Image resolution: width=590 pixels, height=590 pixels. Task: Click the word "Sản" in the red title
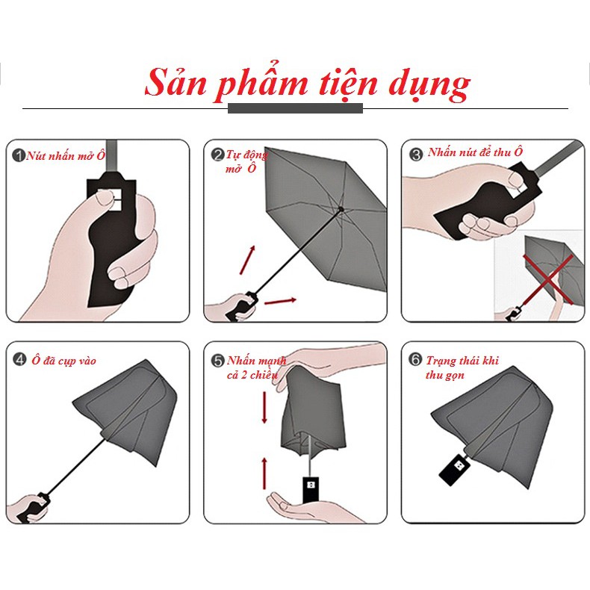point(176,82)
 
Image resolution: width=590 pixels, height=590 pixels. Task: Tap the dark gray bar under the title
point(296,108)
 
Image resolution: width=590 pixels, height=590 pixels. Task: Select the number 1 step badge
point(19,155)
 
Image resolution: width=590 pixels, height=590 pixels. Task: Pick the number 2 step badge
point(217,155)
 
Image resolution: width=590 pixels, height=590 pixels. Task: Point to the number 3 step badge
point(416,155)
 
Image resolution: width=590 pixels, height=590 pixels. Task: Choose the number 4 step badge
point(19,360)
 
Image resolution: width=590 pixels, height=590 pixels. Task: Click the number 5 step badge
point(217,361)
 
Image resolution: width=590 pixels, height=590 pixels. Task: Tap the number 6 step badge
point(415,359)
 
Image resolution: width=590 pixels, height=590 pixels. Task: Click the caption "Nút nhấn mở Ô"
point(66,155)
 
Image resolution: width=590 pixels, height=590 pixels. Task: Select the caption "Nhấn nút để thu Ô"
point(475,152)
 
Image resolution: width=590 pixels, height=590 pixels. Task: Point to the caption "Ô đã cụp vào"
point(63,361)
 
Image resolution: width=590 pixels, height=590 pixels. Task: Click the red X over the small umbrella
point(549,279)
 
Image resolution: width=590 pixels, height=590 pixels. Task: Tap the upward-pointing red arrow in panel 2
point(248,260)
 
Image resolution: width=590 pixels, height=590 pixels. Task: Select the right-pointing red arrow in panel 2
point(280,301)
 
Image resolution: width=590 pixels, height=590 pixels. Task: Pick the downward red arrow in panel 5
point(264,408)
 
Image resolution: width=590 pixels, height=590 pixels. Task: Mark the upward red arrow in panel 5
point(264,473)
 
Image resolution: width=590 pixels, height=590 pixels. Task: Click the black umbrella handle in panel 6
point(455,469)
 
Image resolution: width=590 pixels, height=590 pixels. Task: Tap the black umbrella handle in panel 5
point(311,489)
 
